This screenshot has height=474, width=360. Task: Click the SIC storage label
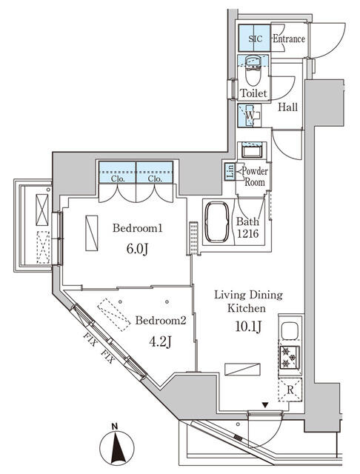(x=254, y=39)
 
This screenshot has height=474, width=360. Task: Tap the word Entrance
(x=288, y=39)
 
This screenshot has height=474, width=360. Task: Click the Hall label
(x=288, y=107)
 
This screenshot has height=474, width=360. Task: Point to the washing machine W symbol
(x=250, y=116)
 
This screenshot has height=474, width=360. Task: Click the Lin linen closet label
(x=230, y=173)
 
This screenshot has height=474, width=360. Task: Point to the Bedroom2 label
(x=161, y=321)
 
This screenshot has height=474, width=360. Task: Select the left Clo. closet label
(x=118, y=179)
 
